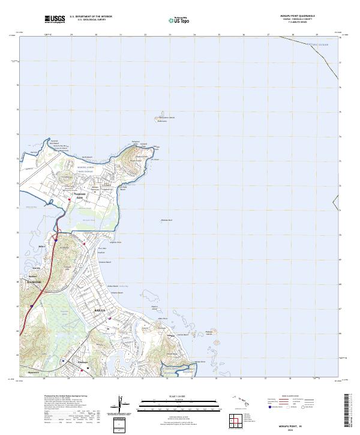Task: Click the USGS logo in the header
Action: tap(55, 19)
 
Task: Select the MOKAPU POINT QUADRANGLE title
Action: tap(299, 15)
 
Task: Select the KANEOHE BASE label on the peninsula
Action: tap(80, 196)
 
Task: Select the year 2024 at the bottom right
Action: tap(299, 430)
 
